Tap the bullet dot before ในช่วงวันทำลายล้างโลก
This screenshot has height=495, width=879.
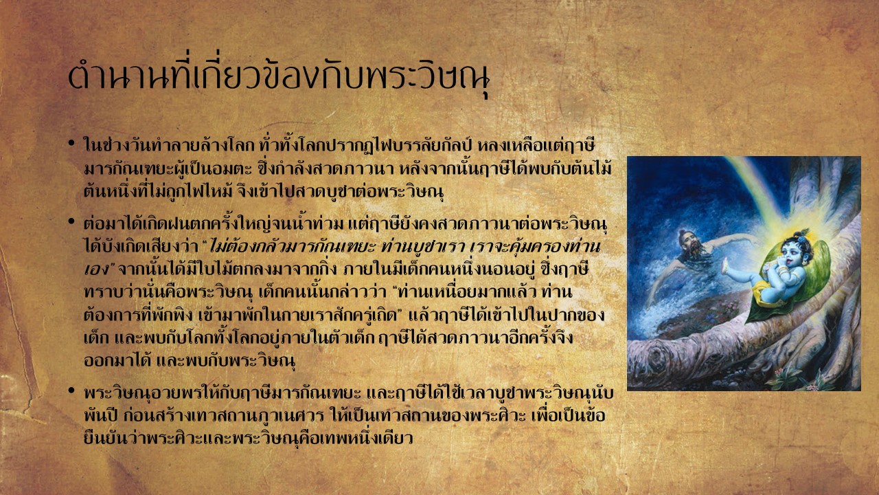(71, 142)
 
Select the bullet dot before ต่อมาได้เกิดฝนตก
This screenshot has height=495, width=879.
(71, 221)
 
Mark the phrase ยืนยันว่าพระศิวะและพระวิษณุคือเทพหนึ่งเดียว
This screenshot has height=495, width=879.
(248, 438)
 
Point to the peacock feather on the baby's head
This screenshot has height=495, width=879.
(803, 234)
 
